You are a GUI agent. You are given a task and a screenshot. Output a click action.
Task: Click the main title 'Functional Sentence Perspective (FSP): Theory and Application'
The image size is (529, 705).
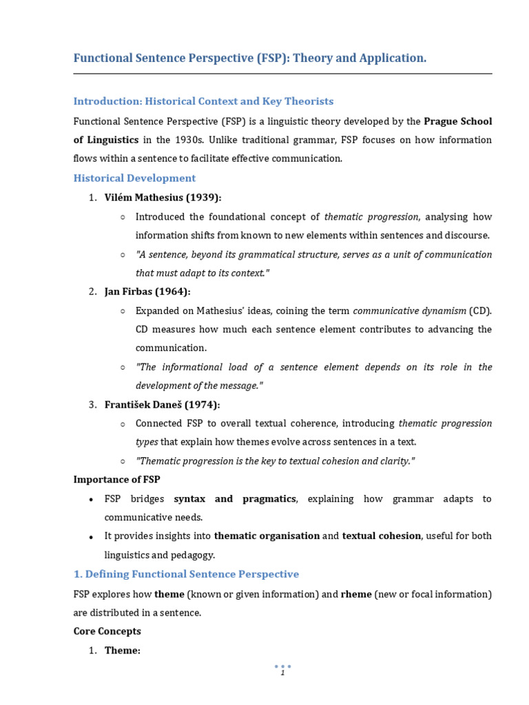[x=250, y=59]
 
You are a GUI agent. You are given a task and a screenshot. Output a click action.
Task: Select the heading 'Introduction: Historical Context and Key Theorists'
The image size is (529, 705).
[x=203, y=101]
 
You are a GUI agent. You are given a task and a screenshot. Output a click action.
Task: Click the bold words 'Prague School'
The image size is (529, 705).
[x=457, y=122]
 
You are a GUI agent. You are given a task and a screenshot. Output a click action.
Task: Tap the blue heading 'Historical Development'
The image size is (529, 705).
[x=134, y=178]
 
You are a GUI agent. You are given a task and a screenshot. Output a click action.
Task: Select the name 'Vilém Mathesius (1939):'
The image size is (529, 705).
[x=163, y=198]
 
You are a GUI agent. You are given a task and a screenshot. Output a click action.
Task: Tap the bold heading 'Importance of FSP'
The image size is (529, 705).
[x=116, y=479]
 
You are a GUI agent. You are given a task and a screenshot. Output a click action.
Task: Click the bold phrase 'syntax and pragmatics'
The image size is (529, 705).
[x=234, y=498]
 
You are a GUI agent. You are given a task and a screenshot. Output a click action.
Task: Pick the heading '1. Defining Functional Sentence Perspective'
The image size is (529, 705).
[x=186, y=574]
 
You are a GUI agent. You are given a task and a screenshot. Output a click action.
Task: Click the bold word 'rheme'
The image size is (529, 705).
[x=356, y=593]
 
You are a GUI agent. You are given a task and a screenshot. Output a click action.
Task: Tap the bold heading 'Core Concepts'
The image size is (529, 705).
[x=107, y=631]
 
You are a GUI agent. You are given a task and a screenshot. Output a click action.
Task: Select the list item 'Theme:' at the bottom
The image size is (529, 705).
[x=122, y=650]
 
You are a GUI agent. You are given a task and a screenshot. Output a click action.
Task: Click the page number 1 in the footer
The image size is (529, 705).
[x=282, y=673]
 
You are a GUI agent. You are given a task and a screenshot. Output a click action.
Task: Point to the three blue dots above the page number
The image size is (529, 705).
[x=282, y=666]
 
